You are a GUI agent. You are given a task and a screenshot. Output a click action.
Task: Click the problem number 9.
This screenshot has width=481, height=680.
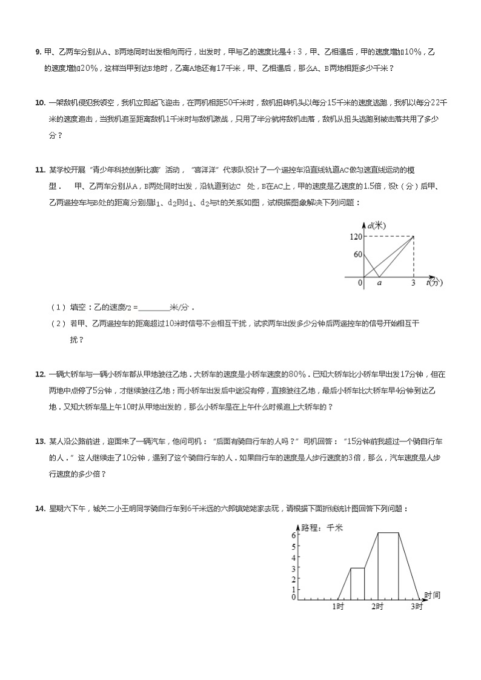click(38, 52)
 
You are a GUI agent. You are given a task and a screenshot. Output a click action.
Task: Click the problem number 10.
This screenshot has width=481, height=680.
click(40, 102)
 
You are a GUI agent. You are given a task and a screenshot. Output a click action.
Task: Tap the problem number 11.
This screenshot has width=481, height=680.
click(40, 170)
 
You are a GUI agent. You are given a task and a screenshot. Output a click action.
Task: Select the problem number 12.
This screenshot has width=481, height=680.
click(40, 374)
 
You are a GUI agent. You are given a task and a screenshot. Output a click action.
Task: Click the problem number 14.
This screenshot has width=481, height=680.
click(40, 509)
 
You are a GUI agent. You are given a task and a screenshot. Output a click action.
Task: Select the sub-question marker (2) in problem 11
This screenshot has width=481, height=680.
click(58, 324)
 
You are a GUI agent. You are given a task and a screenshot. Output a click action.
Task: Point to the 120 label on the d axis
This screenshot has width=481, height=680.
click(356, 237)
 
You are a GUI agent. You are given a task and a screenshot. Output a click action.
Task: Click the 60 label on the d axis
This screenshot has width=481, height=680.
click(358, 255)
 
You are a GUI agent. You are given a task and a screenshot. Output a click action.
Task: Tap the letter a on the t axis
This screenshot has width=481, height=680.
click(379, 283)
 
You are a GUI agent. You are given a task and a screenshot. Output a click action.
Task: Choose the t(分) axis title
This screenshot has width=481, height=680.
click(434, 282)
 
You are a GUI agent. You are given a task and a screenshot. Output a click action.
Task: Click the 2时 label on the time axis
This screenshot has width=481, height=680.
click(377, 606)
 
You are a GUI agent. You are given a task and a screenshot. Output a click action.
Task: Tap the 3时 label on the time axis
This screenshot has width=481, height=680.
click(417, 606)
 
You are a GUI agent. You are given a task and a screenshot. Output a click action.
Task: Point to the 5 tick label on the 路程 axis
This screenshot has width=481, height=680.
click(293, 546)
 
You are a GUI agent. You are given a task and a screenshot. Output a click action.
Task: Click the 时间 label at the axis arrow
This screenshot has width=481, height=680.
click(432, 595)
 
